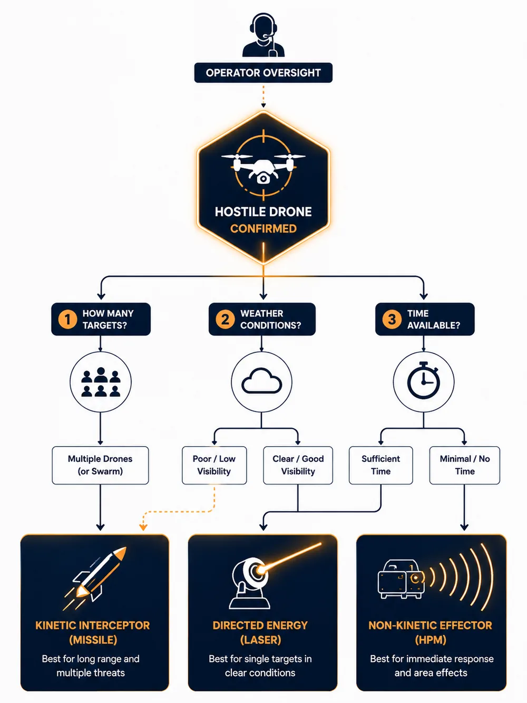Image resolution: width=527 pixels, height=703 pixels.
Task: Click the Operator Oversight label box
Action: click(x=263, y=73)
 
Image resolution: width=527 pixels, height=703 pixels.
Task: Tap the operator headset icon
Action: click(x=263, y=35)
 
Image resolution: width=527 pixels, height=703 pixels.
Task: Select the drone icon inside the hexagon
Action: click(x=263, y=167)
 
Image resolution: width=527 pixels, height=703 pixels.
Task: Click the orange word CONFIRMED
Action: click(x=263, y=229)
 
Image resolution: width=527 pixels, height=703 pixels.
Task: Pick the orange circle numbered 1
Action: click(x=67, y=319)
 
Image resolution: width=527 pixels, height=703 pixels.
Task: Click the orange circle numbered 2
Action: click(x=225, y=319)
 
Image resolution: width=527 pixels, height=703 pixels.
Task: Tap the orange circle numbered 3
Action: click(x=392, y=319)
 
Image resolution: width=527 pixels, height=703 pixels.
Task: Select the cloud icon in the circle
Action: click(x=262, y=381)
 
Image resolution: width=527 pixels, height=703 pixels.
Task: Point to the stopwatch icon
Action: click(x=423, y=380)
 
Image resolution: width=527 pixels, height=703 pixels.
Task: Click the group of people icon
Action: click(x=101, y=382)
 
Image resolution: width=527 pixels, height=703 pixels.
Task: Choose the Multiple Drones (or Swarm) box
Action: click(x=101, y=465)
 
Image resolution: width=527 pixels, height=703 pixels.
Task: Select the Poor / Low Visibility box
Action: click(x=214, y=465)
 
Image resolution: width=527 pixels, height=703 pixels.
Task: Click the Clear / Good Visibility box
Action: click(x=298, y=465)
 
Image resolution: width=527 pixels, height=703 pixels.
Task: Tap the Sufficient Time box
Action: click(x=381, y=465)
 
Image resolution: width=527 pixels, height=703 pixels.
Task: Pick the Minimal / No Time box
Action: click(x=465, y=465)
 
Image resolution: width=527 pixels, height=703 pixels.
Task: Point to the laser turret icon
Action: click(x=250, y=583)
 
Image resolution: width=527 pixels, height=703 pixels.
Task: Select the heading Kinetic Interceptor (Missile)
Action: click(x=93, y=632)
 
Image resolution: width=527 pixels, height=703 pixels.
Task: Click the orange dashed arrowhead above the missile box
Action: click(x=143, y=527)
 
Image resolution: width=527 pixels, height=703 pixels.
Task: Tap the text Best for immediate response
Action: click(x=432, y=659)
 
